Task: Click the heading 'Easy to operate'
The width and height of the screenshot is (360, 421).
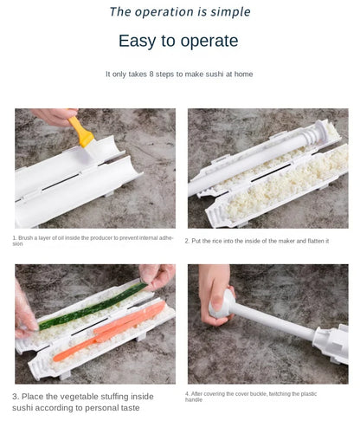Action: click(x=178, y=41)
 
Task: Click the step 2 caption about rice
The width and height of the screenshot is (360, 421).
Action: click(x=257, y=241)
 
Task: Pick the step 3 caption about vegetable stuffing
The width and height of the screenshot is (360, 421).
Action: click(x=83, y=402)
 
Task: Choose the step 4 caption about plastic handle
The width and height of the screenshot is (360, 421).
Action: click(x=251, y=397)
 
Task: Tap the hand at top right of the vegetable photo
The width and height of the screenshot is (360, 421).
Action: click(x=157, y=275)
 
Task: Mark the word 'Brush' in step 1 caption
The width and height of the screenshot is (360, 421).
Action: click(x=27, y=237)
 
